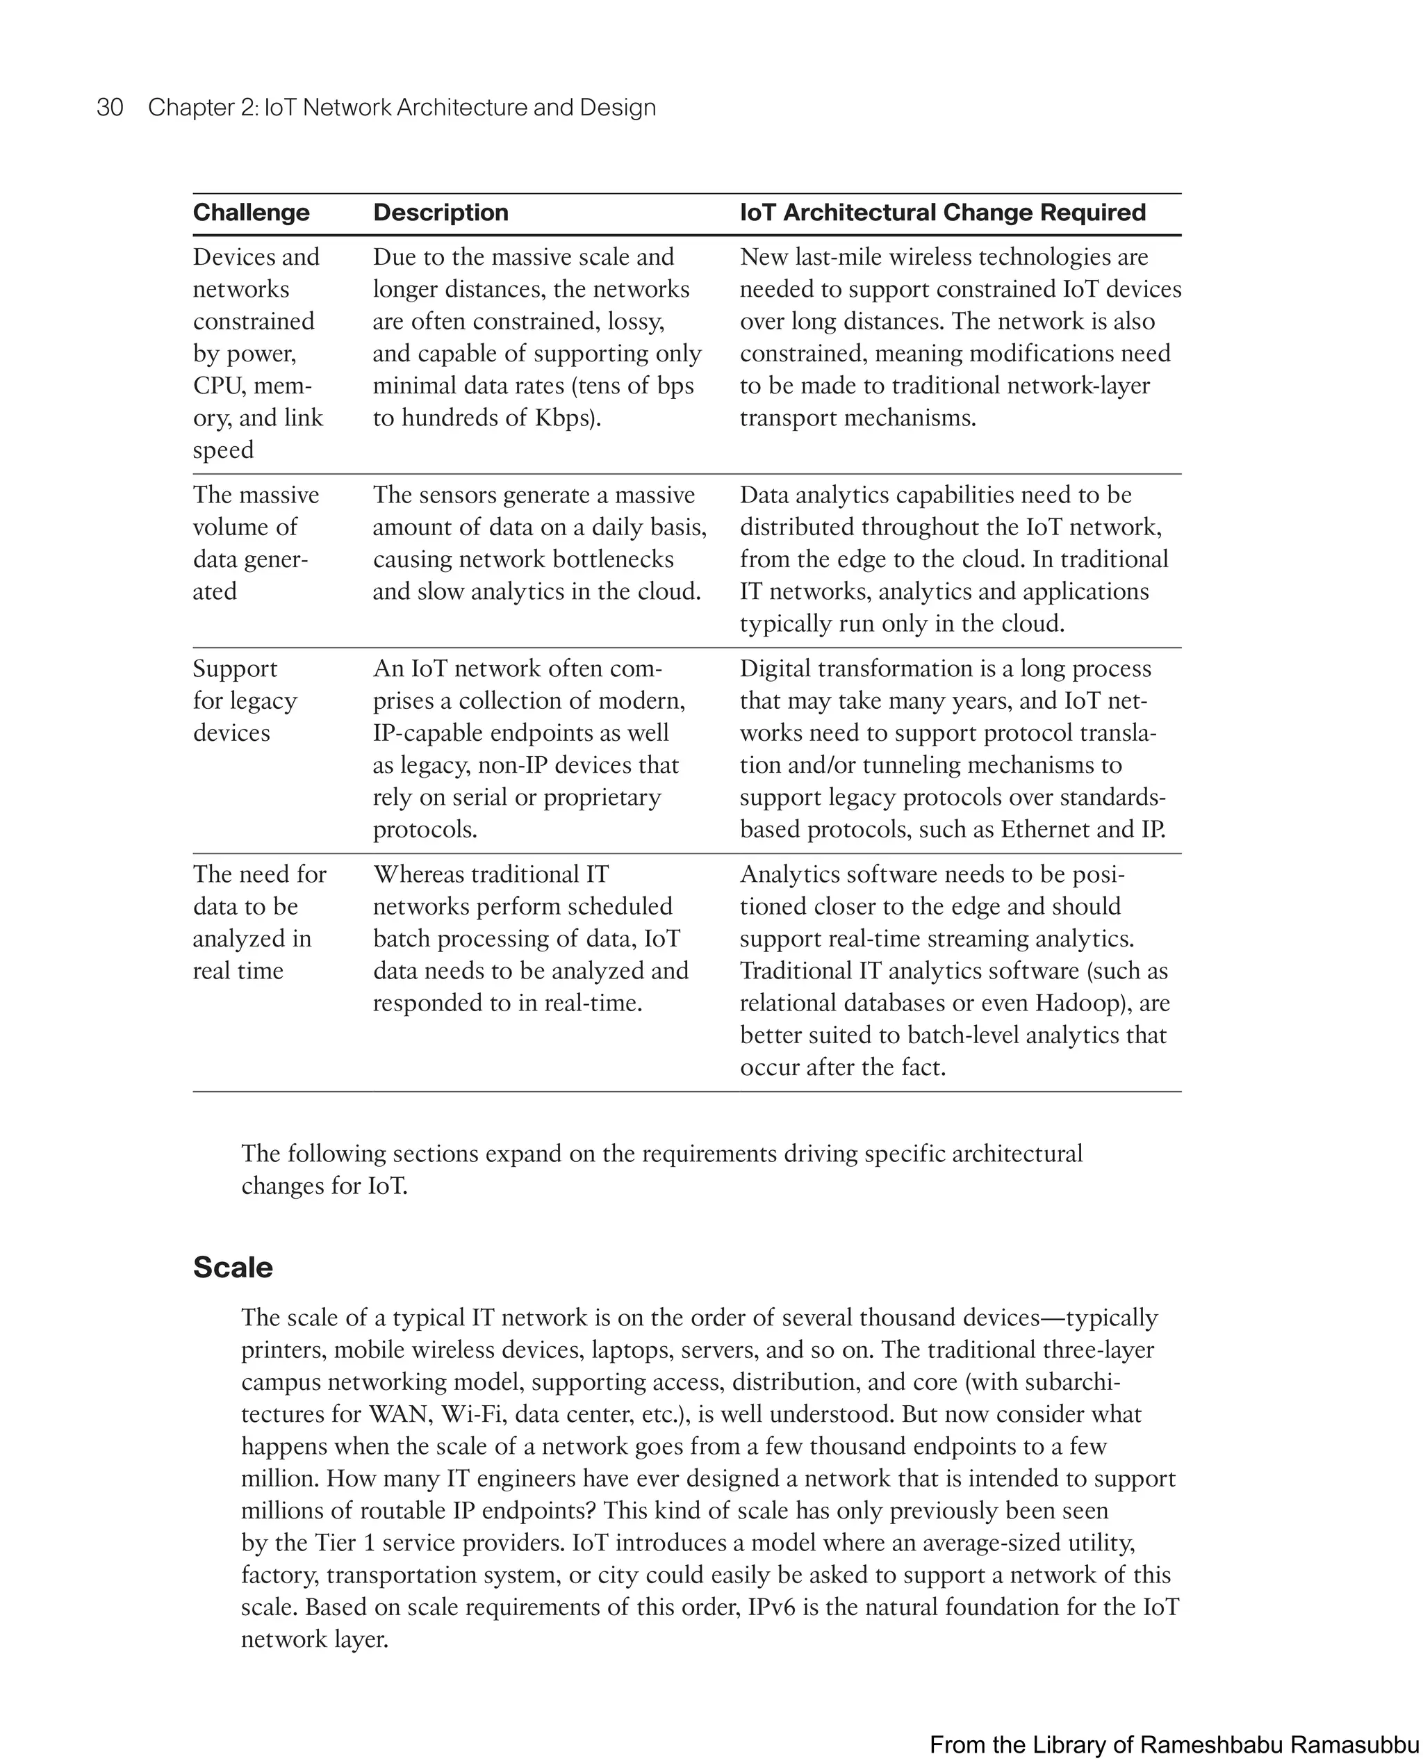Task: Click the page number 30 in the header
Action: [x=110, y=108]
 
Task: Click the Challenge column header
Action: [x=251, y=213]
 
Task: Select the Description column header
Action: [x=441, y=213]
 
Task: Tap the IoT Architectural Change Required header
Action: [x=942, y=213]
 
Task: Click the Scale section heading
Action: [x=233, y=1267]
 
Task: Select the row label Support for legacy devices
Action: [x=245, y=700]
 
